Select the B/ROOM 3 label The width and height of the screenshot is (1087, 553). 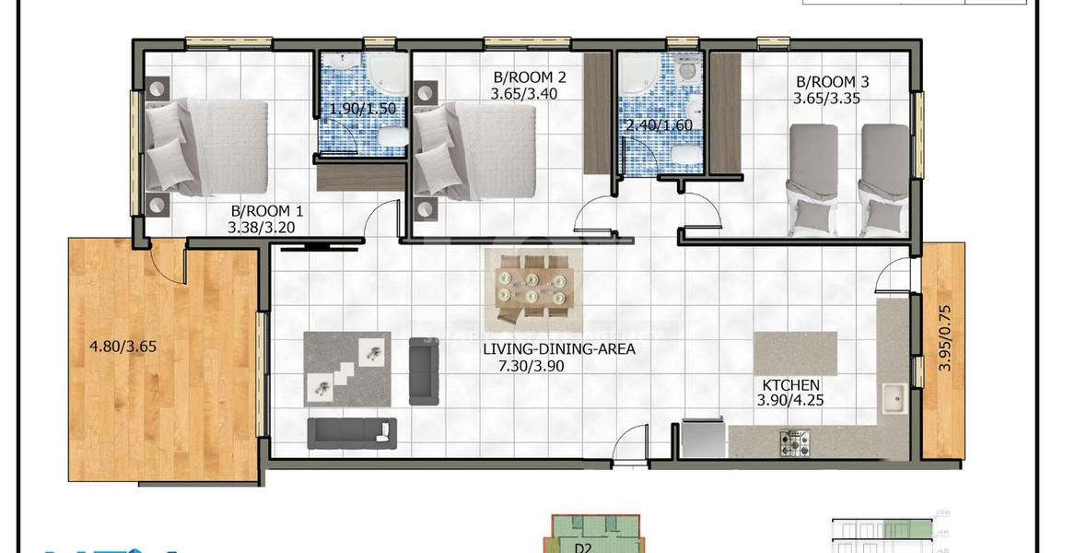[832, 81]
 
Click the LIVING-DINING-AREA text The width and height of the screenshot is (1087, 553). [559, 349]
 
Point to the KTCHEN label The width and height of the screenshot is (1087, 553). [789, 384]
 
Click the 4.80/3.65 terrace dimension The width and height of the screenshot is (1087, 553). [123, 347]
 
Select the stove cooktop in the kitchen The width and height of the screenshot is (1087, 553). [795, 443]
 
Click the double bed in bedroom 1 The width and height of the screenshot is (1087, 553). [208, 147]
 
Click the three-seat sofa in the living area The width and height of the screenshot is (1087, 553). [352, 433]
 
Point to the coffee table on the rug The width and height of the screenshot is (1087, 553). [346, 369]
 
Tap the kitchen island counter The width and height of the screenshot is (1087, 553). [794, 352]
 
